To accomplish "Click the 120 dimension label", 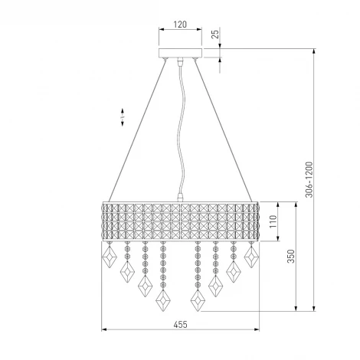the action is point(180,25).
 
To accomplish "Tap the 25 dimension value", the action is point(216,34).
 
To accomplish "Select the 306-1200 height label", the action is point(309,179).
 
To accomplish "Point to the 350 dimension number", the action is point(291,256).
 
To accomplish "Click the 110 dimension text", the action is point(273,221).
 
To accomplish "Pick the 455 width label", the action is point(180,325).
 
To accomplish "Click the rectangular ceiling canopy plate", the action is point(180,53).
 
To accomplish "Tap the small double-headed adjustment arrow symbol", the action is point(123,117).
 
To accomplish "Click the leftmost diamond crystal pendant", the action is point(110,257).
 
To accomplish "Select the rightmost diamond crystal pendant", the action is point(251,257).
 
